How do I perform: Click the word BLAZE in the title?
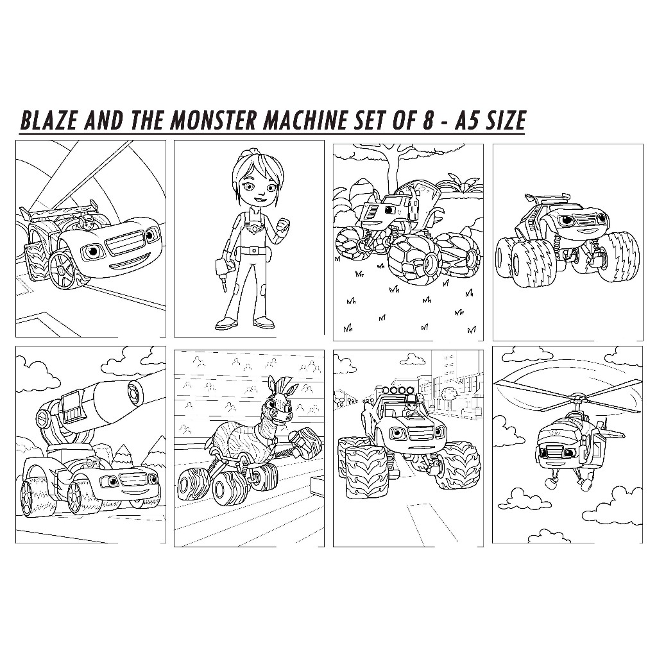coord(49,121)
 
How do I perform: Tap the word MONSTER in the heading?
coord(213,121)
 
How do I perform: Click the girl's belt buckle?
coord(253,251)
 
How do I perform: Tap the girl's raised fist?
coord(285,229)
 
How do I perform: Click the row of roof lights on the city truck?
coord(397,391)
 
